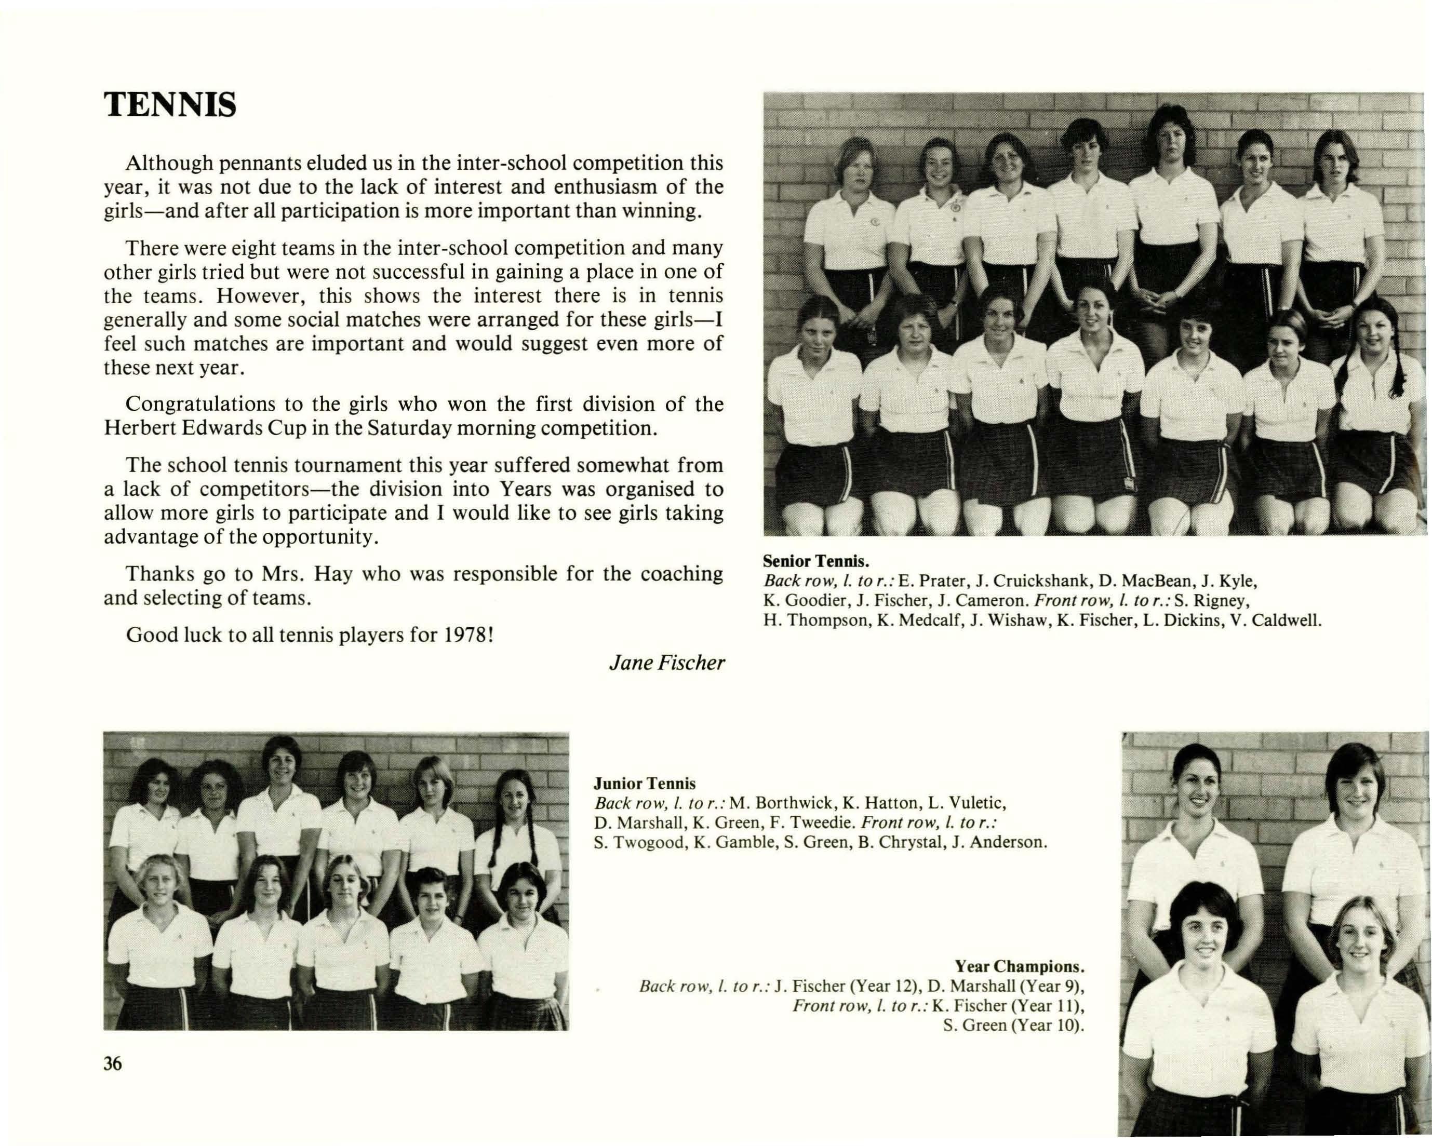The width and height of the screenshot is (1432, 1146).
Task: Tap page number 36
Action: tap(113, 1063)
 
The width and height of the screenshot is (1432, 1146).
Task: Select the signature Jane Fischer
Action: tap(666, 663)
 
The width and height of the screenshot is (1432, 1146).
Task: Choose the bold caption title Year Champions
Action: tap(1020, 966)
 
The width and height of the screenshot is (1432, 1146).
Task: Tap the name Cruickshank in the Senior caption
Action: tap(1037, 581)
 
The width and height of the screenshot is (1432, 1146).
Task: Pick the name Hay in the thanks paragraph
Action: tap(326, 574)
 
